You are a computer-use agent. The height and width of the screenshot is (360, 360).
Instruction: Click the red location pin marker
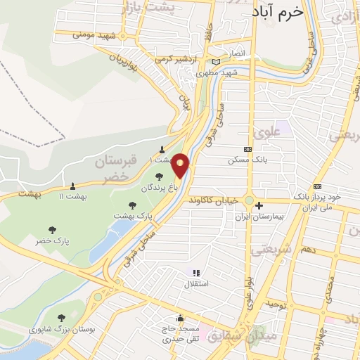point(181,165)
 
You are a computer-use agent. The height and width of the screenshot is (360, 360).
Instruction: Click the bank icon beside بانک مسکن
point(247,149)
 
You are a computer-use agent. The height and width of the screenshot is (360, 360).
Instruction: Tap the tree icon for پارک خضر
point(51,229)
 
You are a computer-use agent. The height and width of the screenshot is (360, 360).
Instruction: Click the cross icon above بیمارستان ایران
point(259,206)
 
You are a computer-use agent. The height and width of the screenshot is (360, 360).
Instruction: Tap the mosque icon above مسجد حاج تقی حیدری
point(181,318)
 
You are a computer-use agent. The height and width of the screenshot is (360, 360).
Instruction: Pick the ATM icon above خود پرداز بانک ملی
point(318,186)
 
